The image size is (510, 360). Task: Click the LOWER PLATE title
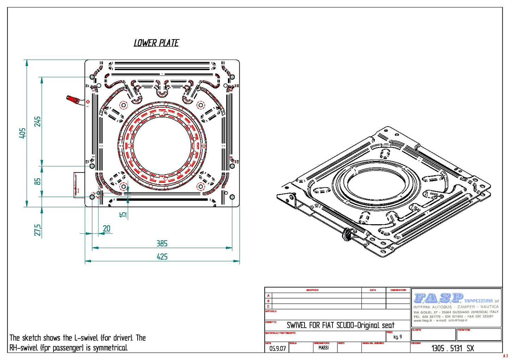pyautogui.click(x=156, y=43)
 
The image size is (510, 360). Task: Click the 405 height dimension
pyautogui.click(x=22, y=133)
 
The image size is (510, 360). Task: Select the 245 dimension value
pyautogui.click(x=37, y=122)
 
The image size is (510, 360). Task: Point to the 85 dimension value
pyautogui.click(x=37, y=181)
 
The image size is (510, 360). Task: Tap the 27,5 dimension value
pyautogui.click(x=37, y=230)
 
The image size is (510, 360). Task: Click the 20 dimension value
pyautogui.click(x=107, y=229)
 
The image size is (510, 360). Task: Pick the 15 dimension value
pyautogui.click(x=122, y=214)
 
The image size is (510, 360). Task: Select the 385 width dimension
pyautogui.click(x=162, y=243)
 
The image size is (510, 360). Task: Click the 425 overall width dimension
pyautogui.click(x=162, y=257)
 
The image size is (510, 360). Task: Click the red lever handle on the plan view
pyautogui.click(x=73, y=99)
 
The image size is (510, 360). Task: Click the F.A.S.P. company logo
pyautogui.click(x=438, y=298)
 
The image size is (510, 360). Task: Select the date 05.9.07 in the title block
pyautogui.click(x=277, y=348)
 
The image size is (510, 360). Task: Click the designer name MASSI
pyautogui.click(x=323, y=348)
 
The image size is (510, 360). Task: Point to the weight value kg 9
pyautogui.click(x=397, y=337)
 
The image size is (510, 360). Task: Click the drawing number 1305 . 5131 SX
pyautogui.click(x=452, y=348)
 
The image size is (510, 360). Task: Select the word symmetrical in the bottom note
pyautogui.click(x=110, y=348)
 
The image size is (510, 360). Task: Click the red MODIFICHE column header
pyautogui.click(x=312, y=290)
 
